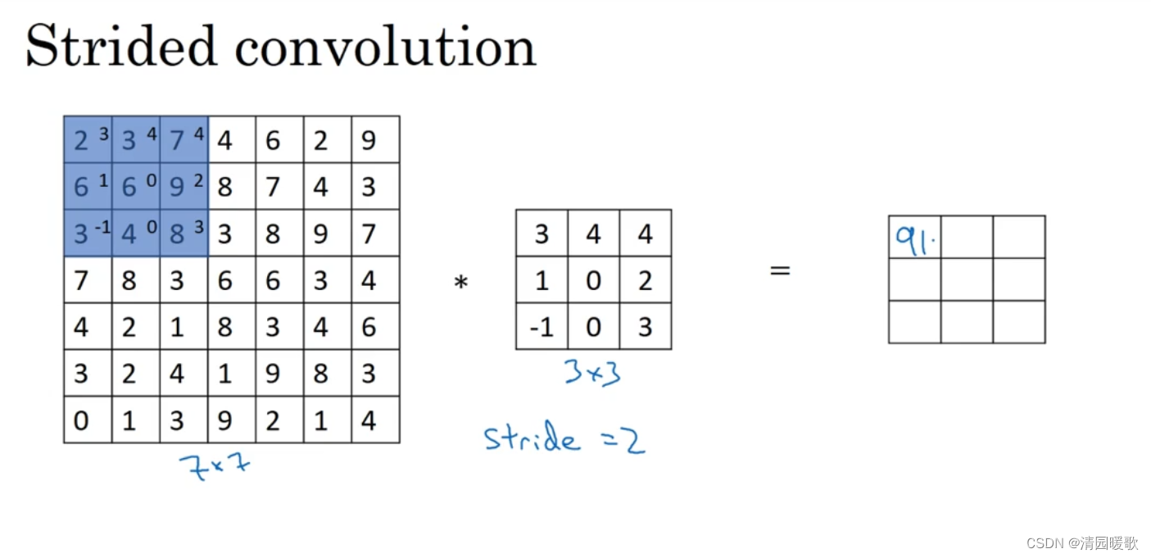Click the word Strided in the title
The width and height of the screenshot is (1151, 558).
coord(121,47)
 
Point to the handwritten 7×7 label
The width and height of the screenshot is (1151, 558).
coord(215,466)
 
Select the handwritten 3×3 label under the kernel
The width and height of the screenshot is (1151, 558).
coord(591,373)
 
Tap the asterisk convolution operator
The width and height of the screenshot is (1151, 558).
coord(461,283)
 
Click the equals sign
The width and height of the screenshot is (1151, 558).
coord(780,270)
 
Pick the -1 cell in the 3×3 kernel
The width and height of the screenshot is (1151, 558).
coord(542,327)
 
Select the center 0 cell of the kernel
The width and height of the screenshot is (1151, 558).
coord(593,281)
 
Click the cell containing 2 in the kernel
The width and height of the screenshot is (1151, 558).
coord(645,281)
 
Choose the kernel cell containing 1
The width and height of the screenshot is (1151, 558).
coord(542,281)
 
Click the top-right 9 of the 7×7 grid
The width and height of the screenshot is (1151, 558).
coord(369,140)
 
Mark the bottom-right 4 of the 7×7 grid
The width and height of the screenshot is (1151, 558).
coord(369,420)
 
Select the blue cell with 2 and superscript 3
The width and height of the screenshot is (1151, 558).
coord(88,140)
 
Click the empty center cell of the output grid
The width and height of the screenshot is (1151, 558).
coord(967,279)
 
